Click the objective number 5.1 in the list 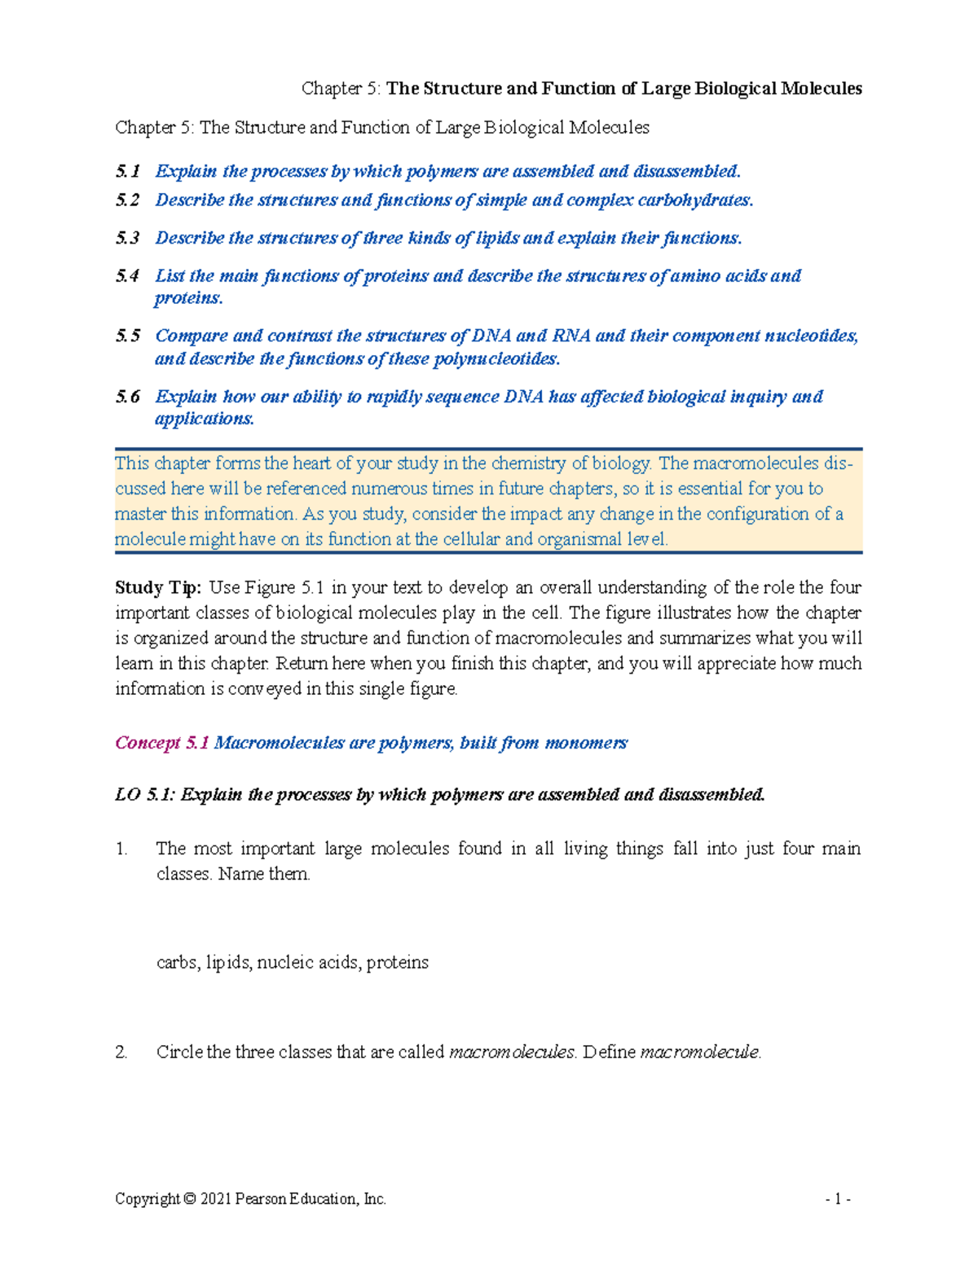[127, 171]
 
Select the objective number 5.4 [127, 276]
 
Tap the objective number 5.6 [127, 397]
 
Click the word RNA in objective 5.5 [571, 336]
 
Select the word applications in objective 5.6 [205, 419]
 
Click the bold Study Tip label [158, 587]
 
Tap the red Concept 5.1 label [162, 743]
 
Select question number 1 [121, 849]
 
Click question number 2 [121, 1052]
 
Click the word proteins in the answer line [398, 963]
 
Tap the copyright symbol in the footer [190, 1199]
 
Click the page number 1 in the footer [838, 1199]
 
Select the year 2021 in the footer [216, 1199]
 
